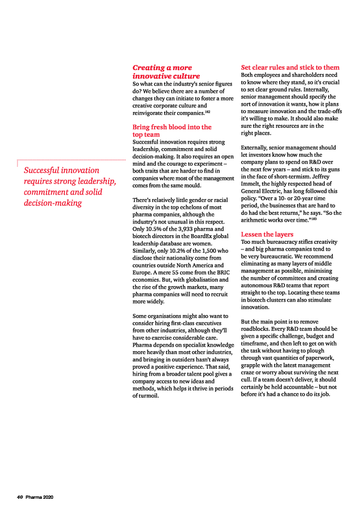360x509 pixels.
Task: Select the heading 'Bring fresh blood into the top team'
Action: [172, 131]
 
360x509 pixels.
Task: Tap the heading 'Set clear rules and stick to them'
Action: [290, 67]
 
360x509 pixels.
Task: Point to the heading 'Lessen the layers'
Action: [267, 234]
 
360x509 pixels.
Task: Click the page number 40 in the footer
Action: [20, 497]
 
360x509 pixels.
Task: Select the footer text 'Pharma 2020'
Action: [39, 497]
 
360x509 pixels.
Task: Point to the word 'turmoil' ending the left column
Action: [148, 395]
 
